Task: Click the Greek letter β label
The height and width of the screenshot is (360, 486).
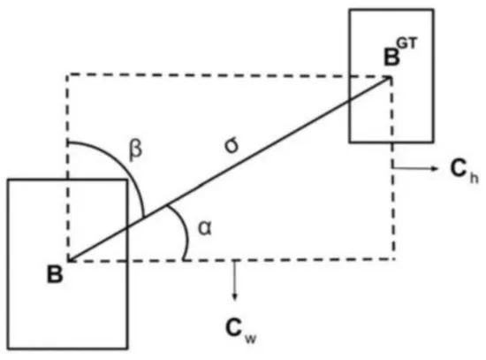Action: [135, 150]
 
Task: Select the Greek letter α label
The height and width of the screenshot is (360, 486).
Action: [205, 229]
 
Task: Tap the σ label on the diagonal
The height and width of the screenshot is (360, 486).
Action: [232, 146]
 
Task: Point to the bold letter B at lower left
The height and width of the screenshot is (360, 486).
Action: [55, 274]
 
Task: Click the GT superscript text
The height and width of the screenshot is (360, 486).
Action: [406, 43]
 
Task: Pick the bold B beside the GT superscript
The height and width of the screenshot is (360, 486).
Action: [391, 57]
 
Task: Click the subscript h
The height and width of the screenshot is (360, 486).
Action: [474, 178]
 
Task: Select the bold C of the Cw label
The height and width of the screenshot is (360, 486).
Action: [234, 328]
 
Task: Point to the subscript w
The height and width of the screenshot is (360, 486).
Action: [250, 339]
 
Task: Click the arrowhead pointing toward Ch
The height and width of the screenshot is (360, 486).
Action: [435, 168]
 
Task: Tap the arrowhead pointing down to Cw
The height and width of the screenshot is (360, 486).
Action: [235, 296]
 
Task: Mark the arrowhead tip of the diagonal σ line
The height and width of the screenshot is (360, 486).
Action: [391, 77]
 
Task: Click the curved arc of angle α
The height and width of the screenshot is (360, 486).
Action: [186, 230]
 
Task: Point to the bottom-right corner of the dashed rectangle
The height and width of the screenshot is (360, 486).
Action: [394, 259]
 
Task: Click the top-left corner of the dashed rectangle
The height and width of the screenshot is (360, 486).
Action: [67, 75]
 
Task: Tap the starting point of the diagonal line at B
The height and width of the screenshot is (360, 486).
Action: [69, 261]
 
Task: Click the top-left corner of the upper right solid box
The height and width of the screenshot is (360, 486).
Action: [350, 11]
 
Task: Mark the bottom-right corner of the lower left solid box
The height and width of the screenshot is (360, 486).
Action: [127, 349]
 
